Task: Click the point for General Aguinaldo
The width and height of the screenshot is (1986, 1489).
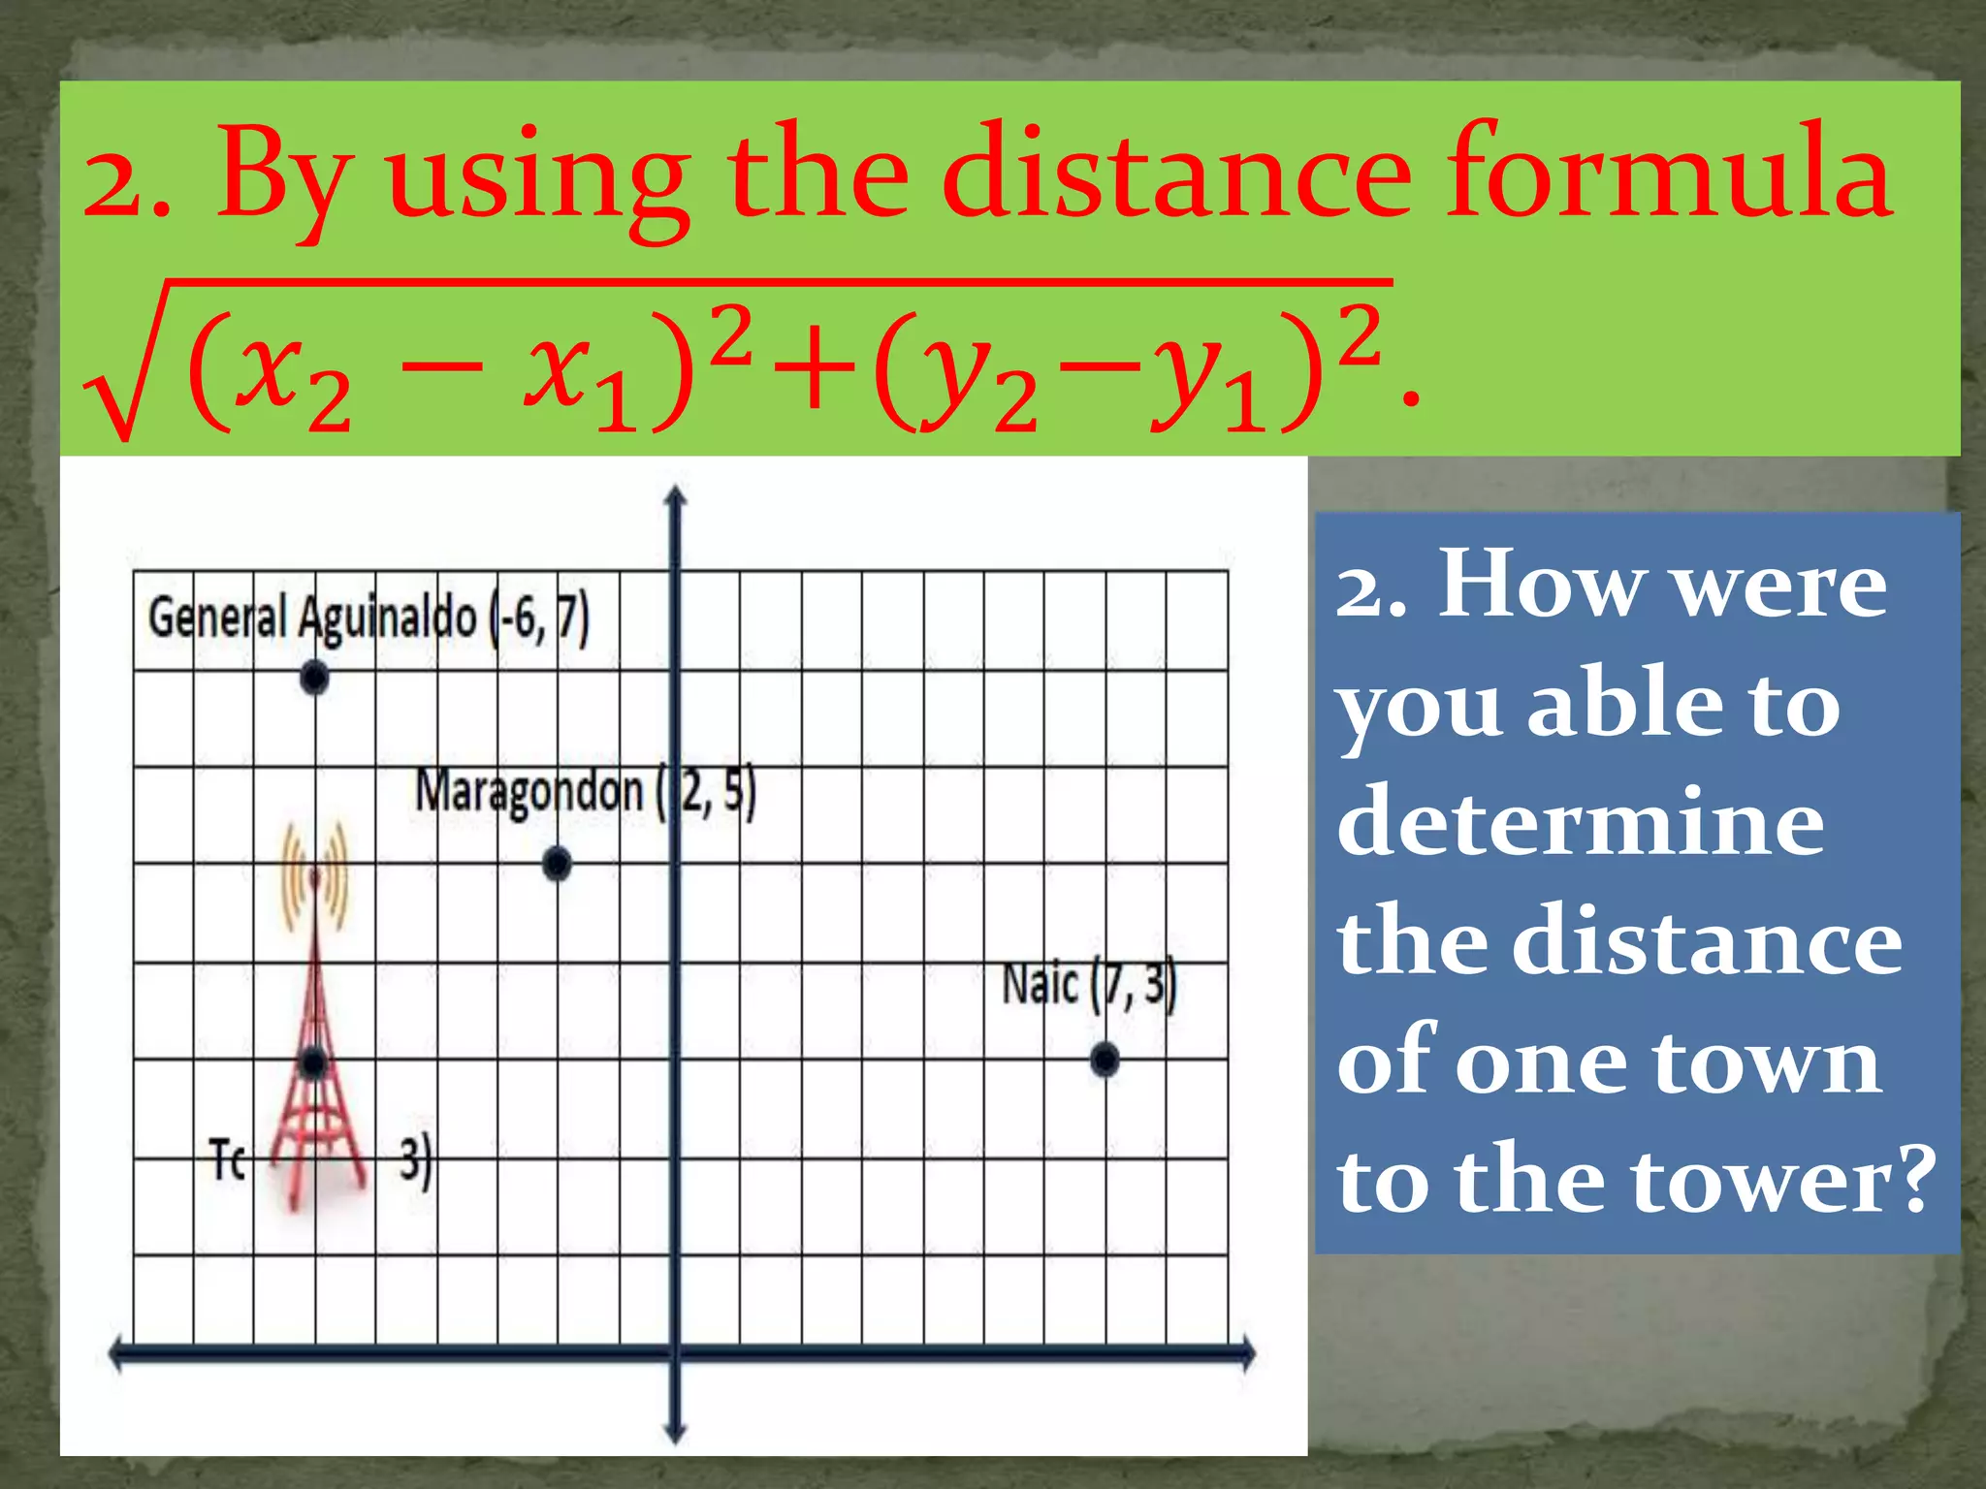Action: (314, 678)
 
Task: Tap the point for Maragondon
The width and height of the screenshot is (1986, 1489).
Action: (557, 864)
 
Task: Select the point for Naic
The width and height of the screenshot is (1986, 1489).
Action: (1105, 1061)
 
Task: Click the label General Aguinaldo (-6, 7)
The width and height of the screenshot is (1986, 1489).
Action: (368, 618)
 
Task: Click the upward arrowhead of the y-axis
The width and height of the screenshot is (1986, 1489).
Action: (676, 496)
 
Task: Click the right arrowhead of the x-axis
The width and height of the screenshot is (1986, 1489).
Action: (1247, 1353)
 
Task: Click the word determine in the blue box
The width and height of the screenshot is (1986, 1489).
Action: (1581, 822)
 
